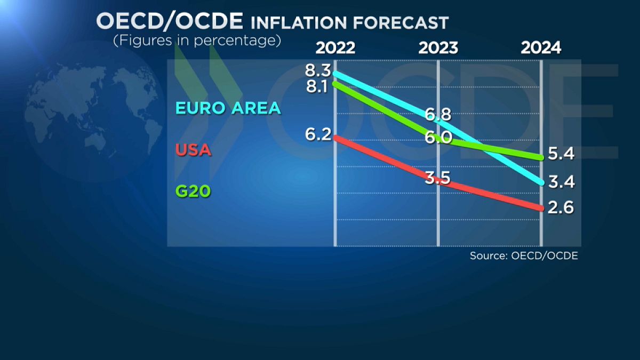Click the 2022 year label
[x=335, y=48]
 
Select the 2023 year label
[x=438, y=48]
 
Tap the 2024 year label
[x=541, y=48]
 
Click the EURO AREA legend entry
[x=228, y=108]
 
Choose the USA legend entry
[x=194, y=151]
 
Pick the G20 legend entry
[x=193, y=191]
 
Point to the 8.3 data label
[x=318, y=70]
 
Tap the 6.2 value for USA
[x=318, y=134]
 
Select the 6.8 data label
[x=438, y=114]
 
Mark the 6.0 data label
[x=439, y=138]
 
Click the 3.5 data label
[x=438, y=178]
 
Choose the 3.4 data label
[x=561, y=182]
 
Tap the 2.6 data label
[x=561, y=207]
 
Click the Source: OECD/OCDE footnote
[x=524, y=256]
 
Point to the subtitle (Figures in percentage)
[x=197, y=41]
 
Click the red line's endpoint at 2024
[x=541, y=209]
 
